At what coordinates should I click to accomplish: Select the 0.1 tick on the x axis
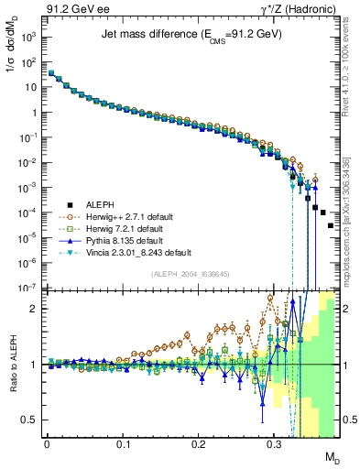[x=123, y=442]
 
